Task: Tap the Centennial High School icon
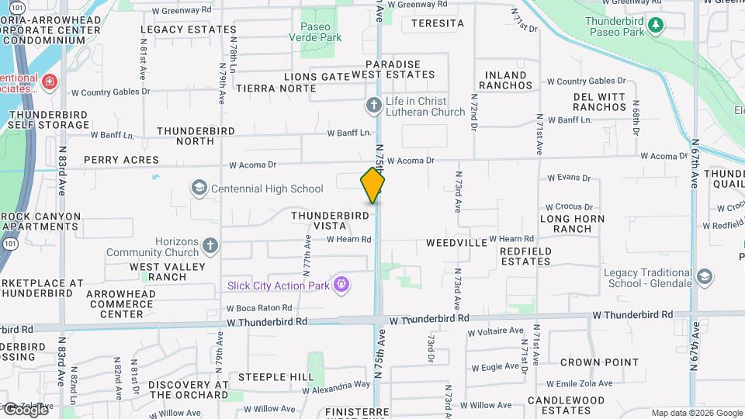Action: [199, 189]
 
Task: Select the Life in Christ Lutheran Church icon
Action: [373, 104]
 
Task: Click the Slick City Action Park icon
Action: [341, 285]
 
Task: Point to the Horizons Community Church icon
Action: [210, 247]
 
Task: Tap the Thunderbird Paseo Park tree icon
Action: [656, 25]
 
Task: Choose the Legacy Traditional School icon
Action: [705, 277]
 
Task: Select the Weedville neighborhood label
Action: [456, 243]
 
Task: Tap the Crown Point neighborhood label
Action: [599, 362]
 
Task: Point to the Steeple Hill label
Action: [275, 377]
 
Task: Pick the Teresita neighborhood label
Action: [438, 23]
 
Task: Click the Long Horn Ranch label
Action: [567, 223]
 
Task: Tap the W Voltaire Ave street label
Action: [494, 331]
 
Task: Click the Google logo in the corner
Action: [25, 410]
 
